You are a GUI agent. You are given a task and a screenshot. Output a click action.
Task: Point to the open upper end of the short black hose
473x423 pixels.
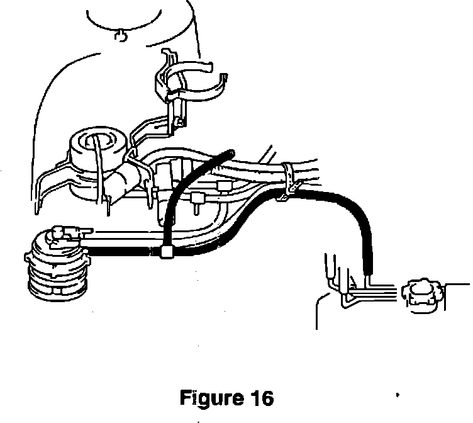[232, 152]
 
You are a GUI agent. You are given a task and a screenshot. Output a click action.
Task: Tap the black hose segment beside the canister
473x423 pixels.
[120, 252]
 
